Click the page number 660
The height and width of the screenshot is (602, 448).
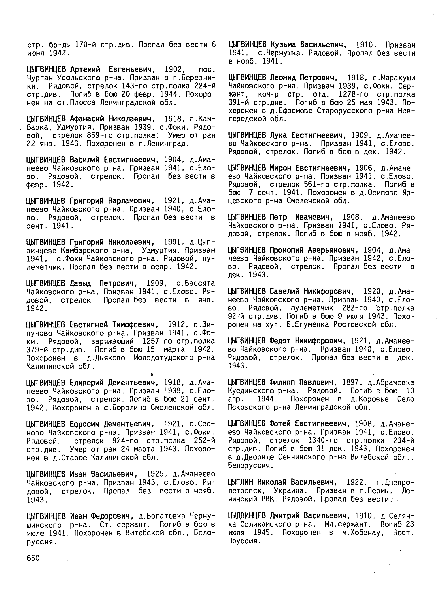coord(33,558)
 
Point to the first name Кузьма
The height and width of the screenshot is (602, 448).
coord(282,45)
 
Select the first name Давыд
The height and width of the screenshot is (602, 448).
coord(80,283)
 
